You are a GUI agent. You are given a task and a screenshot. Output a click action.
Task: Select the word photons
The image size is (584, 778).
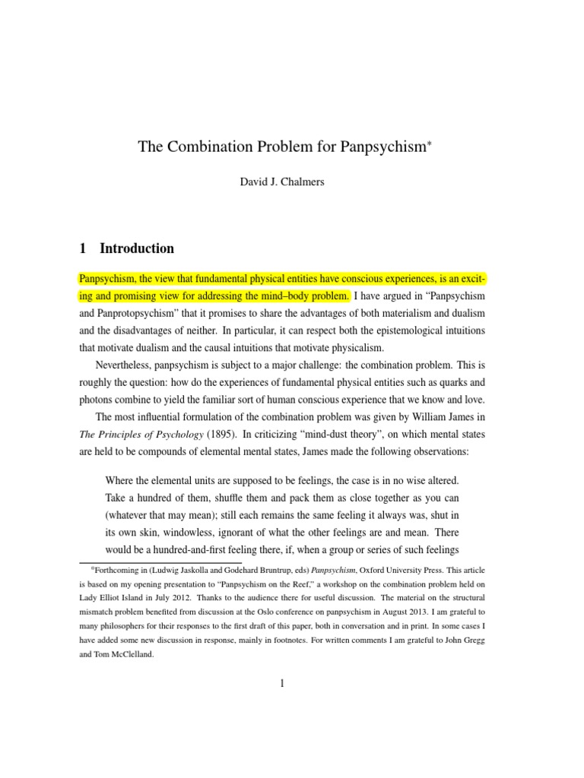click(97, 400)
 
